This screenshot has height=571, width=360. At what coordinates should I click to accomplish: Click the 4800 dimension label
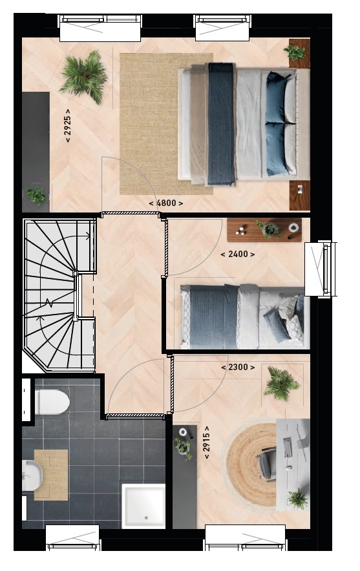(166, 203)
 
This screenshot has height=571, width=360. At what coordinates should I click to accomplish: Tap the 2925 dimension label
(67, 125)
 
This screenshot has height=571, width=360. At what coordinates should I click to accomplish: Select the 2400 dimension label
(238, 254)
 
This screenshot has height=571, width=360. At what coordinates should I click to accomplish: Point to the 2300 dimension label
(238, 368)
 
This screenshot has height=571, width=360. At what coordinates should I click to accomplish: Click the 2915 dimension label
(207, 442)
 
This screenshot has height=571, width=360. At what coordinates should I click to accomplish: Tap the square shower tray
(143, 506)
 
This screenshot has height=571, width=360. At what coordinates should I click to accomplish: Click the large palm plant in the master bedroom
(85, 76)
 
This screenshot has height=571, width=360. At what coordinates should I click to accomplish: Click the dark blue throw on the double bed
(221, 124)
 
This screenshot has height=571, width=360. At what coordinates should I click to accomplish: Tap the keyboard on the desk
(288, 448)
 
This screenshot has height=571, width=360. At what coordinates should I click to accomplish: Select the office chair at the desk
(267, 464)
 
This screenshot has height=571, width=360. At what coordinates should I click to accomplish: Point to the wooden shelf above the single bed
(264, 230)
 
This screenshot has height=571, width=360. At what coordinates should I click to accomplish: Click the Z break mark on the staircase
(48, 303)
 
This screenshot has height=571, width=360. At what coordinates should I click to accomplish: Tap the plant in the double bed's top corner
(295, 52)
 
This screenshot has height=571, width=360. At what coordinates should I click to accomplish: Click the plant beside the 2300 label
(281, 384)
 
